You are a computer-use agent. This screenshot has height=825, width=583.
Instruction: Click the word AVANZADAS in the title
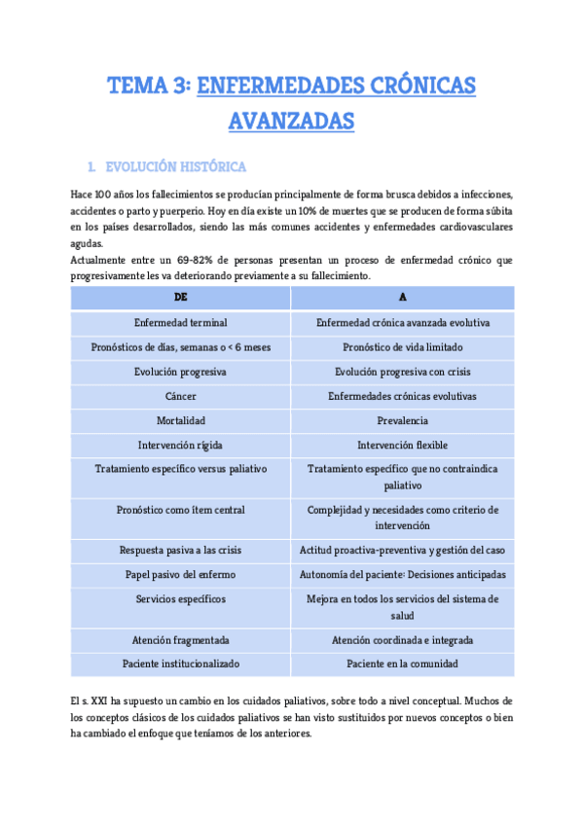click(x=291, y=122)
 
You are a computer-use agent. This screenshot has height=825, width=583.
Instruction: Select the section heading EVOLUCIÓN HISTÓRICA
click(x=175, y=166)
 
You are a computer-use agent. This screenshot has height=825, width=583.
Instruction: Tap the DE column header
click(x=180, y=297)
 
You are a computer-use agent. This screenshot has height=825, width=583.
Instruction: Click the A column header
click(x=402, y=297)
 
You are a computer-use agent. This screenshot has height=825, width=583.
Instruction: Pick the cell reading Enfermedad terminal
click(x=180, y=322)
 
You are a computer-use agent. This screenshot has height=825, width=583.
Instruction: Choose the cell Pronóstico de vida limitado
click(x=402, y=346)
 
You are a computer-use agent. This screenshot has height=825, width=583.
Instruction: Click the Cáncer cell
click(x=180, y=396)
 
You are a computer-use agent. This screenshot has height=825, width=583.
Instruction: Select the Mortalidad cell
click(x=180, y=420)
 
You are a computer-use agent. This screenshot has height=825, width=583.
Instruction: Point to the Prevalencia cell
click(x=402, y=420)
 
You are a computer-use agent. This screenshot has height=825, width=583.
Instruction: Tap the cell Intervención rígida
click(x=180, y=445)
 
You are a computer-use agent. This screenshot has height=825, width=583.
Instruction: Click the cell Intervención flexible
click(x=402, y=445)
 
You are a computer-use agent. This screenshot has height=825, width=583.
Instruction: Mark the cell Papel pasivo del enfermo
click(x=180, y=574)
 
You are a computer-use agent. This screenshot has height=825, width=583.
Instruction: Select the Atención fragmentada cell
click(x=180, y=639)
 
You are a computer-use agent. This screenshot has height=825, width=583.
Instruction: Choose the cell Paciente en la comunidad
click(x=402, y=664)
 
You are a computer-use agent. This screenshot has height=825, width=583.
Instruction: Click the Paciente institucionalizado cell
click(x=180, y=664)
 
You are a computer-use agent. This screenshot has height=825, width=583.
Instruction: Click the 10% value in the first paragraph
click(x=284, y=210)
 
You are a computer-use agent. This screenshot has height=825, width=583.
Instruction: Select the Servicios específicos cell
click(x=180, y=598)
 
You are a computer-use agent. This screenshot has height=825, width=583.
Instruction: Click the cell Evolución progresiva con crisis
click(x=402, y=372)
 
